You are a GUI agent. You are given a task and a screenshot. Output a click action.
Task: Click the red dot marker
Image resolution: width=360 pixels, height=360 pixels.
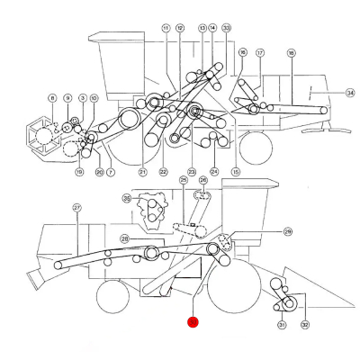pos(192,320)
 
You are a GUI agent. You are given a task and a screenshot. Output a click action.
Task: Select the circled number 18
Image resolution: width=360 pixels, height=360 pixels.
pos(291,54)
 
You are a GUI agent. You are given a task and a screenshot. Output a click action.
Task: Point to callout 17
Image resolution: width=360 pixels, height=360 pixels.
pos(259,53)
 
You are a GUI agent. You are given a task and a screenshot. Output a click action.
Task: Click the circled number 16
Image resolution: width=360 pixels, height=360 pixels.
pos(242,53)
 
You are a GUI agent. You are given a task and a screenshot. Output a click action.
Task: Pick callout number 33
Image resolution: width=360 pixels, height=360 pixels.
pos(226,28)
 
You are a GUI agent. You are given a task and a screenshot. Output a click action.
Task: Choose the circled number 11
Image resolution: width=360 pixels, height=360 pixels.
pos(166,29)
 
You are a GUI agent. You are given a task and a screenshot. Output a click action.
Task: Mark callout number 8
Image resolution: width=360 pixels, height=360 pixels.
pos(52,97)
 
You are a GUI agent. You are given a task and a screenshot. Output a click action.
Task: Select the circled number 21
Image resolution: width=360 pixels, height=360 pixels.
pos(142,171)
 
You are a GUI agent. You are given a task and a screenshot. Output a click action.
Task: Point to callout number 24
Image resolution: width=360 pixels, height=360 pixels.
pos(214,171)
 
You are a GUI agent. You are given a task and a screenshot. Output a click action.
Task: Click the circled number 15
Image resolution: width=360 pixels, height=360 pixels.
pos(236,171)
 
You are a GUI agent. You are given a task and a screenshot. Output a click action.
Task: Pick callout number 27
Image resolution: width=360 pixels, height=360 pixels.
pos(77,207)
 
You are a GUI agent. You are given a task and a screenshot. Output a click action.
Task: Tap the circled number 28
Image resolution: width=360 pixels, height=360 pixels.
pos(124,238)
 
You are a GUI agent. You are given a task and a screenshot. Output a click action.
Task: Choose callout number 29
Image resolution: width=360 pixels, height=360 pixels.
pos(288,231)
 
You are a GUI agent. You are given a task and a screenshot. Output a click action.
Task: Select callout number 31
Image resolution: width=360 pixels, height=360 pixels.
pos(282,325)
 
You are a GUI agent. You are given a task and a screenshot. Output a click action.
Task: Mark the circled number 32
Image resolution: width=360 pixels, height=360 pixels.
pos(304,325)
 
